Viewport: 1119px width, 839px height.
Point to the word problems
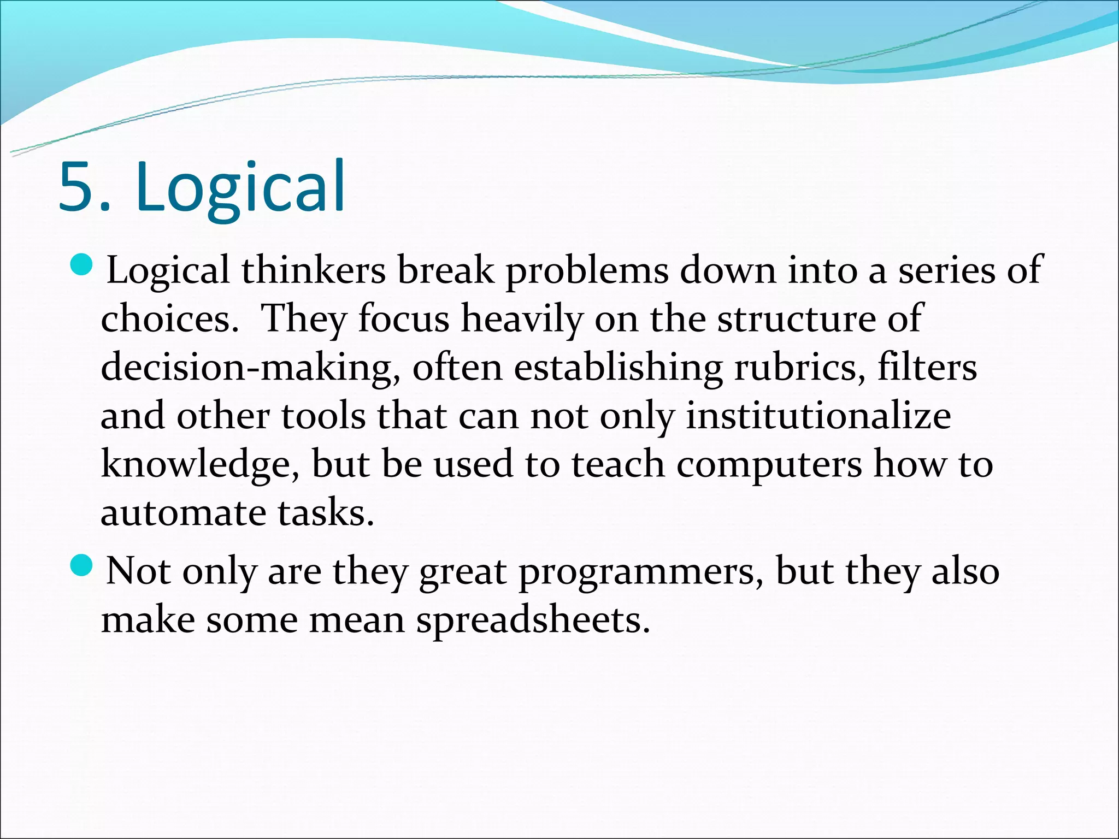coord(587,271)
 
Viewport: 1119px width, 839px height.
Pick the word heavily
coord(522,320)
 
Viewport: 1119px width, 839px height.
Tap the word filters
coord(927,367)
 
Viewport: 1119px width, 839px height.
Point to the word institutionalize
coord(818,416)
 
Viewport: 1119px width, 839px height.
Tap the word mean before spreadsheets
coord(356,621)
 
